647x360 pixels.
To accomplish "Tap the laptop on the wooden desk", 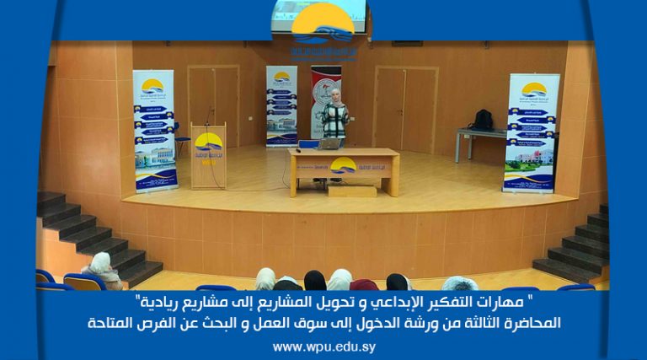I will coord(329,143).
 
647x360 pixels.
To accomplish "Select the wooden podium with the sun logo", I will coord(208,157).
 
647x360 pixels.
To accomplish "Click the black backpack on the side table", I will coord(482,120).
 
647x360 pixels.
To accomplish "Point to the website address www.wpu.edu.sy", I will coord(323,347).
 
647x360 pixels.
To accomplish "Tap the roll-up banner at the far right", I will coord(529,132).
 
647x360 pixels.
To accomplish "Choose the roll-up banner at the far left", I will coord(154,131).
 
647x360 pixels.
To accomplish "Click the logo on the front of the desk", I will coord(343,166).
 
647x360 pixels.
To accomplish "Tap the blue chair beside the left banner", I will coord(180,138).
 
